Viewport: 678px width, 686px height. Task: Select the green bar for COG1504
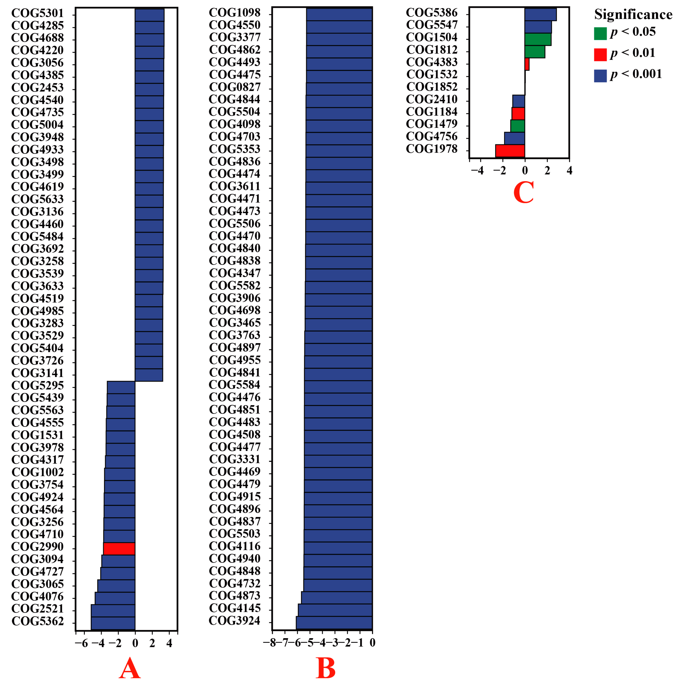(537, 39)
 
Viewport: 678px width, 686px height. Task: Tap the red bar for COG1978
(510, 150)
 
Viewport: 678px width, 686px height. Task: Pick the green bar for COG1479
(517, 126)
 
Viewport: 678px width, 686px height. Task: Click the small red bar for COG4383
(527, 64)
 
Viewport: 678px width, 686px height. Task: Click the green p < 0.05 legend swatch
(600, 33)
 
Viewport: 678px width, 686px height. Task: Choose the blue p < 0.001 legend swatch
(600, 76)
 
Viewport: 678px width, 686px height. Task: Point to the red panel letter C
(523, 192)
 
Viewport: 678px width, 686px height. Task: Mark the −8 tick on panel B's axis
(272, 642)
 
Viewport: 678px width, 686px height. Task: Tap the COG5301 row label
(37, 13)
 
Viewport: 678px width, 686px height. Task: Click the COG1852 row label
(432, 87)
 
